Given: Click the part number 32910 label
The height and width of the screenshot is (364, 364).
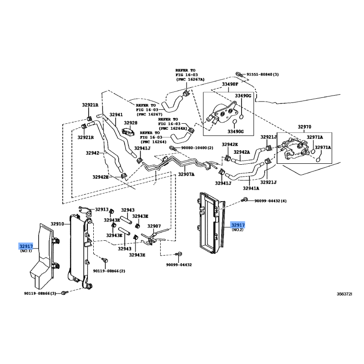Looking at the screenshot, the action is click(57, 224).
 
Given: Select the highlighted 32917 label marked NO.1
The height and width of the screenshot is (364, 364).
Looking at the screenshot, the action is click(26, 246).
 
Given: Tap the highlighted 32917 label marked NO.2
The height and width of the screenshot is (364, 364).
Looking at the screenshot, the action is click(238, 225).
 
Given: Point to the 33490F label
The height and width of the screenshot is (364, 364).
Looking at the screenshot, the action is click(230, 84).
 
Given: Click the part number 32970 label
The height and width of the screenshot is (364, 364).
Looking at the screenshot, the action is click(304, 127).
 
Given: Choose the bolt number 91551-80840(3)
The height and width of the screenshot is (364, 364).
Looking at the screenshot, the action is click(263, 75).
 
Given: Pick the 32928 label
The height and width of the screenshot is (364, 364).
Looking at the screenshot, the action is click(131, 123).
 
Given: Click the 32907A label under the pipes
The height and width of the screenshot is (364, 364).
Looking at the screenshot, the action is click(186, 174).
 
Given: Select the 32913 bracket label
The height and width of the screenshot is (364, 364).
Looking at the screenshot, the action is click(101, 209).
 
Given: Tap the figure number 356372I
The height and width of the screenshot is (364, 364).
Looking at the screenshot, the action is click(344, 294).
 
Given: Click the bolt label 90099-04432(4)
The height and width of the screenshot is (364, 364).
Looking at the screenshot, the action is click(270, 201).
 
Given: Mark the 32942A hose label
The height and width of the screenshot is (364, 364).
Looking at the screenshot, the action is click(242, 152).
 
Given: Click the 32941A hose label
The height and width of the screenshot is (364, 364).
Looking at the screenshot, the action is click(251, 188).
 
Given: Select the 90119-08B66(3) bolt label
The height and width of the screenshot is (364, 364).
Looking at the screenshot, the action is click(40, 293).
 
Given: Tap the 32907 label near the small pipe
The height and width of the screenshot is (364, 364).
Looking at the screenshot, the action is click(154, 226).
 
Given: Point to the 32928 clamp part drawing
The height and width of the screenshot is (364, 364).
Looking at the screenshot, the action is click(128, 131).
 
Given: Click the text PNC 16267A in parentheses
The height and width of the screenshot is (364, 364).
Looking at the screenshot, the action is click(190, 80).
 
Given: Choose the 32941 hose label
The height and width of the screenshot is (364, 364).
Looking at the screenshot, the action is click(116, 115).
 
